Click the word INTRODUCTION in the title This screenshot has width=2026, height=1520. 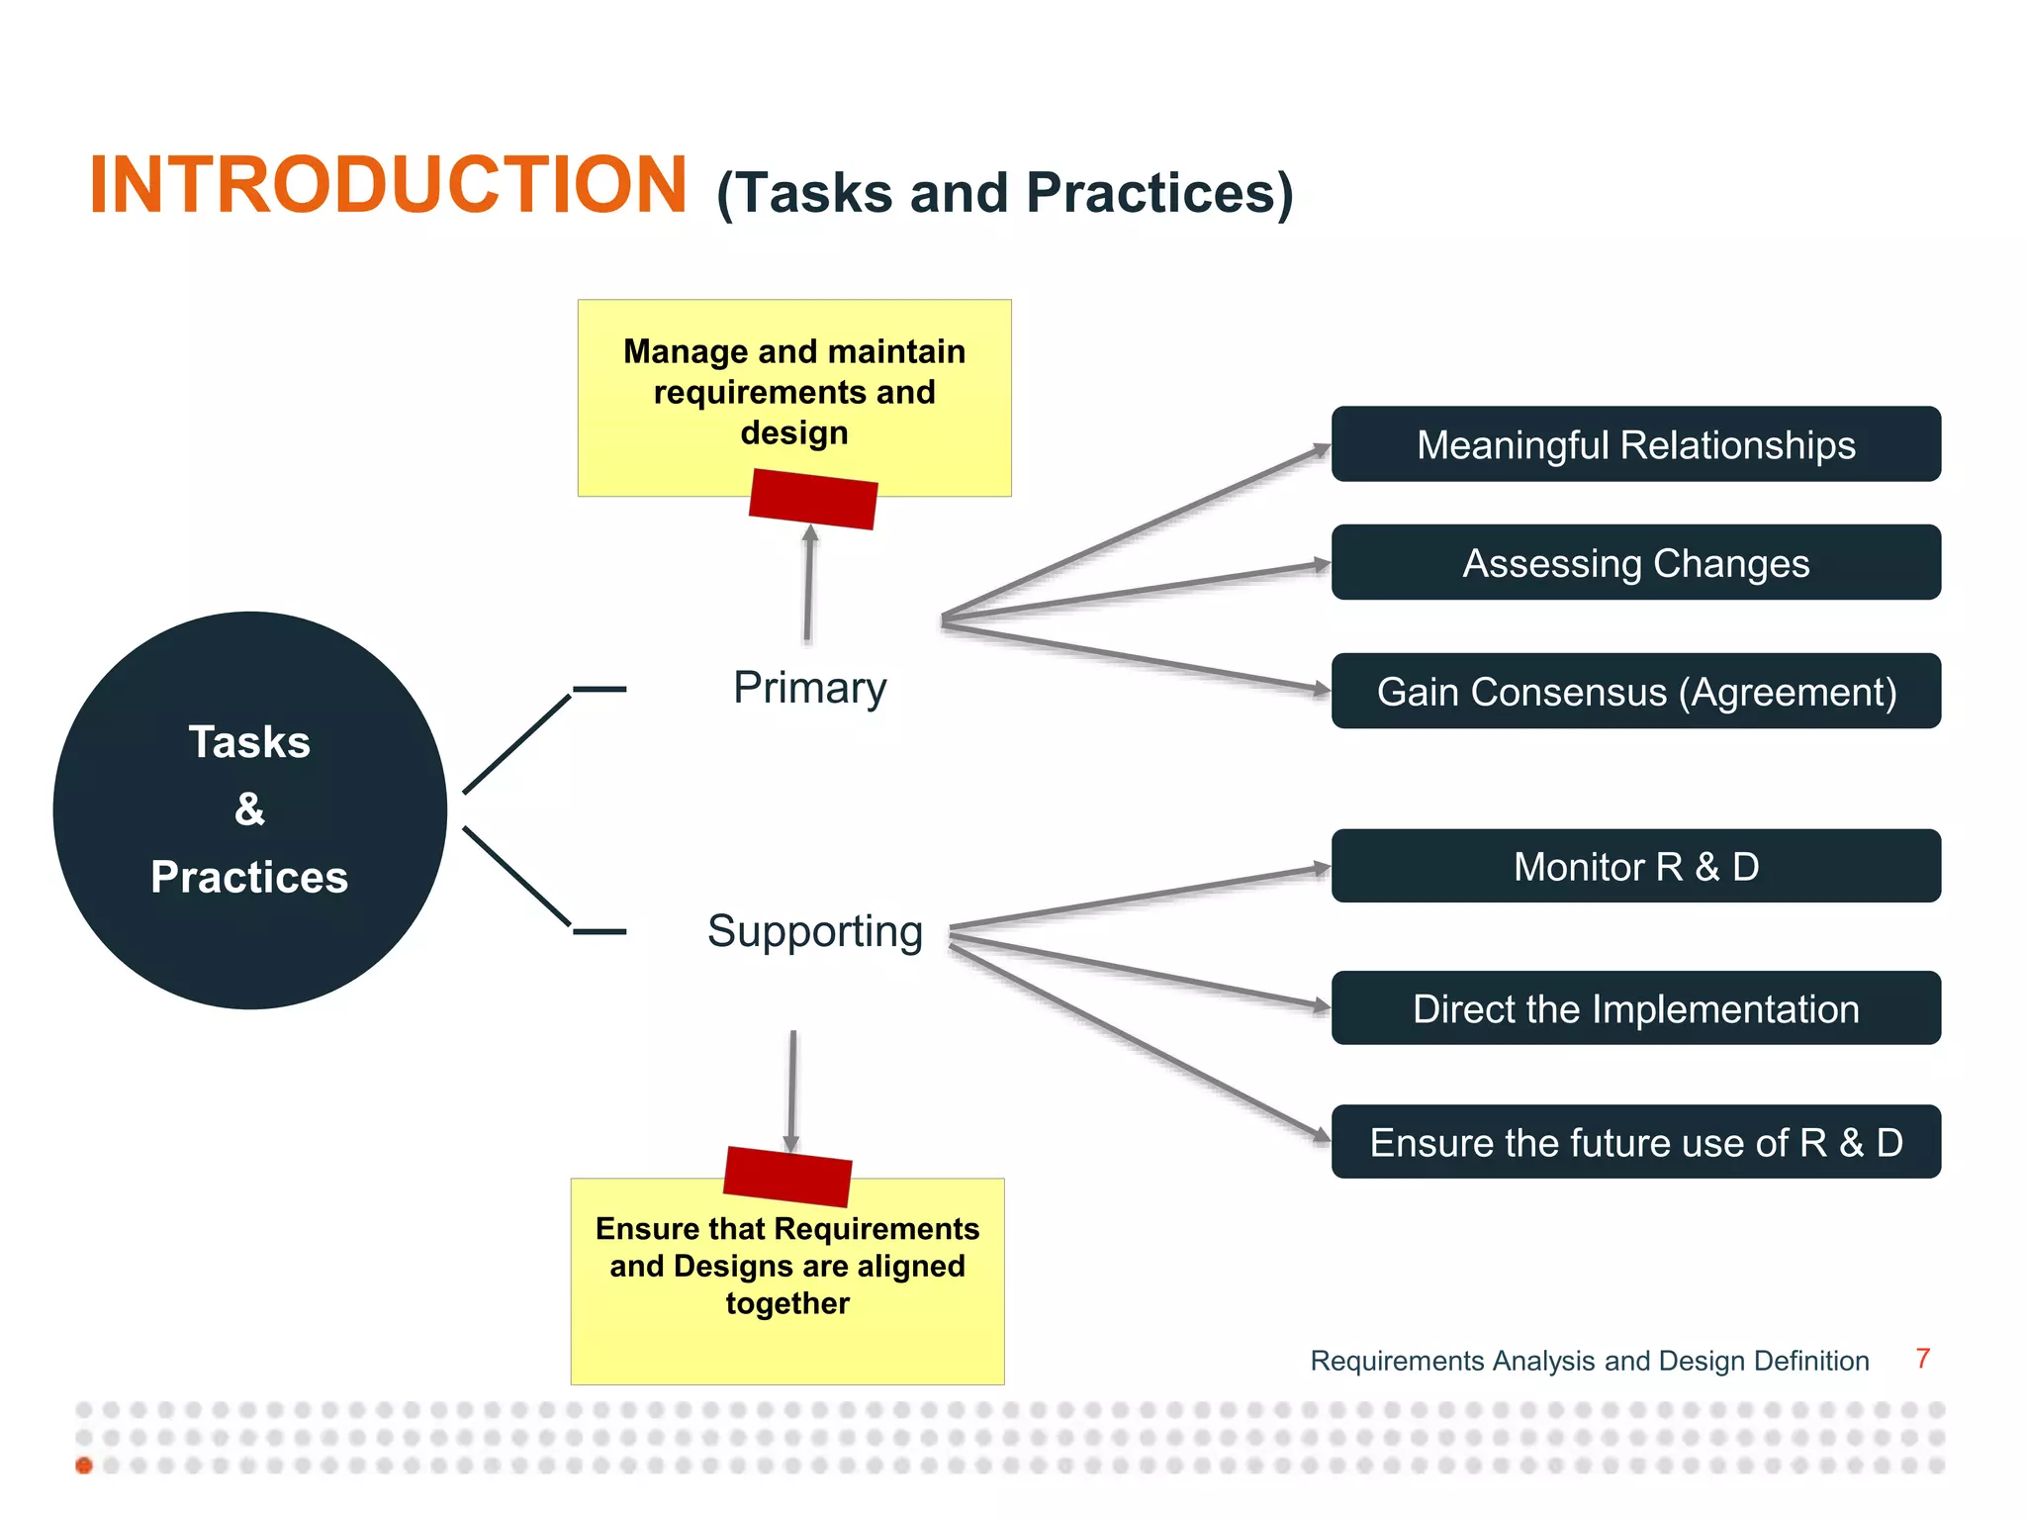pos(388,185)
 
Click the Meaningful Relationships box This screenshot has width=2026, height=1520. pos(1635,444)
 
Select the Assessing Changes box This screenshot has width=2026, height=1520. pos(1635,563)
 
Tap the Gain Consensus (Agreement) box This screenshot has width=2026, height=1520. pos(1635,692)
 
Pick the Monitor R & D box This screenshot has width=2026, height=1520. pos(1635,867)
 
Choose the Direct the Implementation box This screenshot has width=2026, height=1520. pos(1635,1008)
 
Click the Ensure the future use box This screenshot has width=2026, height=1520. pos(1635,1142)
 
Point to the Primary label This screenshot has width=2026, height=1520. pos(809,688)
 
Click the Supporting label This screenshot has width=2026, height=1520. pos(814,931)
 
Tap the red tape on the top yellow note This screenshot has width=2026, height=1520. pos(813,499)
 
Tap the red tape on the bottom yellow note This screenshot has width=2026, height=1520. pos(787,1176)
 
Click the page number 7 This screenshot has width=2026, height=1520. pos(1922,1359)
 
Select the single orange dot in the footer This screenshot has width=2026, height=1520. pos(84,1466)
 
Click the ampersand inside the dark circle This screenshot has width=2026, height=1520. pos(249,809)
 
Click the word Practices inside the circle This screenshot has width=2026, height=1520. pos(249,878)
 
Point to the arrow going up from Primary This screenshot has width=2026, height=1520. pos(808,584)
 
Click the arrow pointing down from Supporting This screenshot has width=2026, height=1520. pos(792,1089)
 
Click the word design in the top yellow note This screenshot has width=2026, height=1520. pos(793,433)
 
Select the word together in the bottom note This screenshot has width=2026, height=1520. pos(787,1303)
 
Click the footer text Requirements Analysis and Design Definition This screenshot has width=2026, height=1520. pos(1589,1361)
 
